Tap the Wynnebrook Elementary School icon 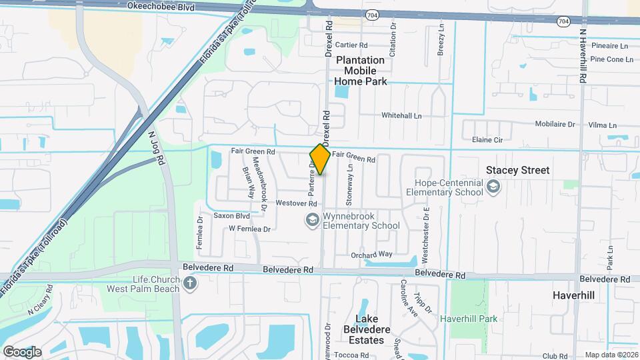click(x=311, y=219)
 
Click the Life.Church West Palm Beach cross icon click(x=190, y=284)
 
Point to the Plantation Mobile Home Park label click(x=360, y=71)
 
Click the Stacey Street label click(x=517, y=170)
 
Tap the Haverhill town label click(x=573, y=294)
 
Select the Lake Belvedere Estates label click(x=370, y=329)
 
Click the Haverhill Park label click(x=469, y=319)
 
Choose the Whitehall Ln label click(x=401, y=115)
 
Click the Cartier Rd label click(x=351, y=45)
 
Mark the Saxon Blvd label click(x=231, y=216)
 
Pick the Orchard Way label click(x=371, y=254)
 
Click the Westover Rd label click(x=295, y=203)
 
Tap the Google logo click(x=22, y=352)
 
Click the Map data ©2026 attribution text click(x=611, y=355)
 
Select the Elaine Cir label click(x=487, y=139)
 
